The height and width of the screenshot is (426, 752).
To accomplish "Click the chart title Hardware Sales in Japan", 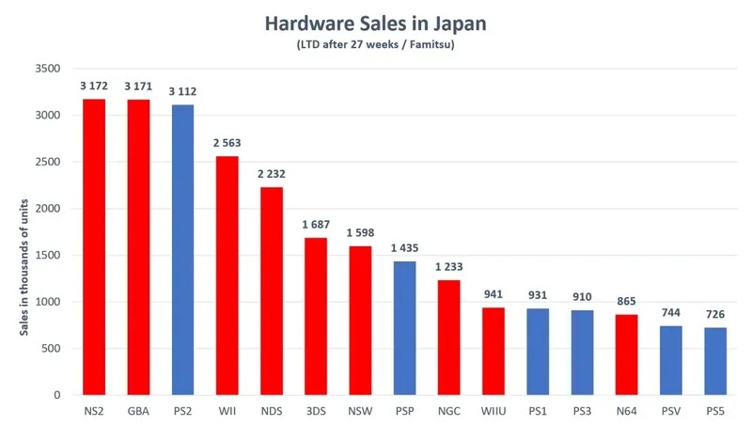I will [x=376, y=22].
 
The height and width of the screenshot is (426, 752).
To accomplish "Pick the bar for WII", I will [x=227, y=276].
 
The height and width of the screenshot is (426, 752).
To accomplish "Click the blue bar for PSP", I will [x=405, y=328].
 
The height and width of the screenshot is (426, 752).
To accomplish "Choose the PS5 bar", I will [x=715, y=361].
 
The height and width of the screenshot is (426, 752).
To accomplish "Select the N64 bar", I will [x=627, y=355].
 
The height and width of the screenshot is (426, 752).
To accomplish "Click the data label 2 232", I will [x=272, y=176].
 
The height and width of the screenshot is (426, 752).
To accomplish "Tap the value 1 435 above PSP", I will [x=405, y=249].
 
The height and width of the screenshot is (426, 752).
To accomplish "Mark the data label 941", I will [x=493, y=295].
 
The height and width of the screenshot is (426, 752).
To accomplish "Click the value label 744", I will [x=671, y=314].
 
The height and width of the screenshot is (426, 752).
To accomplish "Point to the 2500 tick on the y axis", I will [x=47, y=162].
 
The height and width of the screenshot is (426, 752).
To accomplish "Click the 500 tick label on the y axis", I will [x=51, y=349].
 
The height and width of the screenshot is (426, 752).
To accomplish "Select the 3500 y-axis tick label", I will [x=47, y=69].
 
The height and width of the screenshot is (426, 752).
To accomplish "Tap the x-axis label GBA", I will [x=138, y=411].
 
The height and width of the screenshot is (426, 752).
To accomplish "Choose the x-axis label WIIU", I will [x=493, y=411].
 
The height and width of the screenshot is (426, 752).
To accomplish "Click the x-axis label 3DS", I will [x=316, y=411].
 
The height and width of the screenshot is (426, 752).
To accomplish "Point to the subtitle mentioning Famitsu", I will [x=376, y=44].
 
